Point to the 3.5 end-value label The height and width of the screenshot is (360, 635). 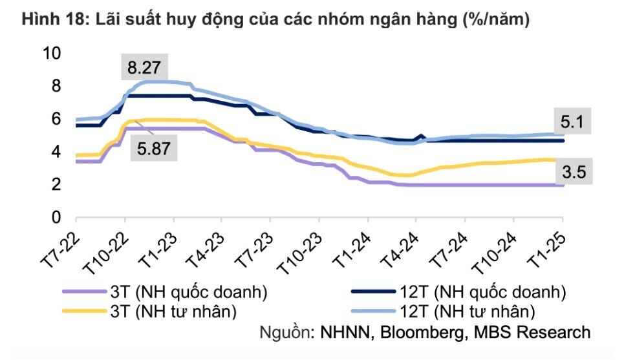click(x=573, y=172)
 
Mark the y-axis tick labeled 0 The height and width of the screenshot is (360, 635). click(x=56, y=218)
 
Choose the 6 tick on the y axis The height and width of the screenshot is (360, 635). click(x=56, y=119)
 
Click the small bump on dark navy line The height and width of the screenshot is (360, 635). click(x=421, y=136)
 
